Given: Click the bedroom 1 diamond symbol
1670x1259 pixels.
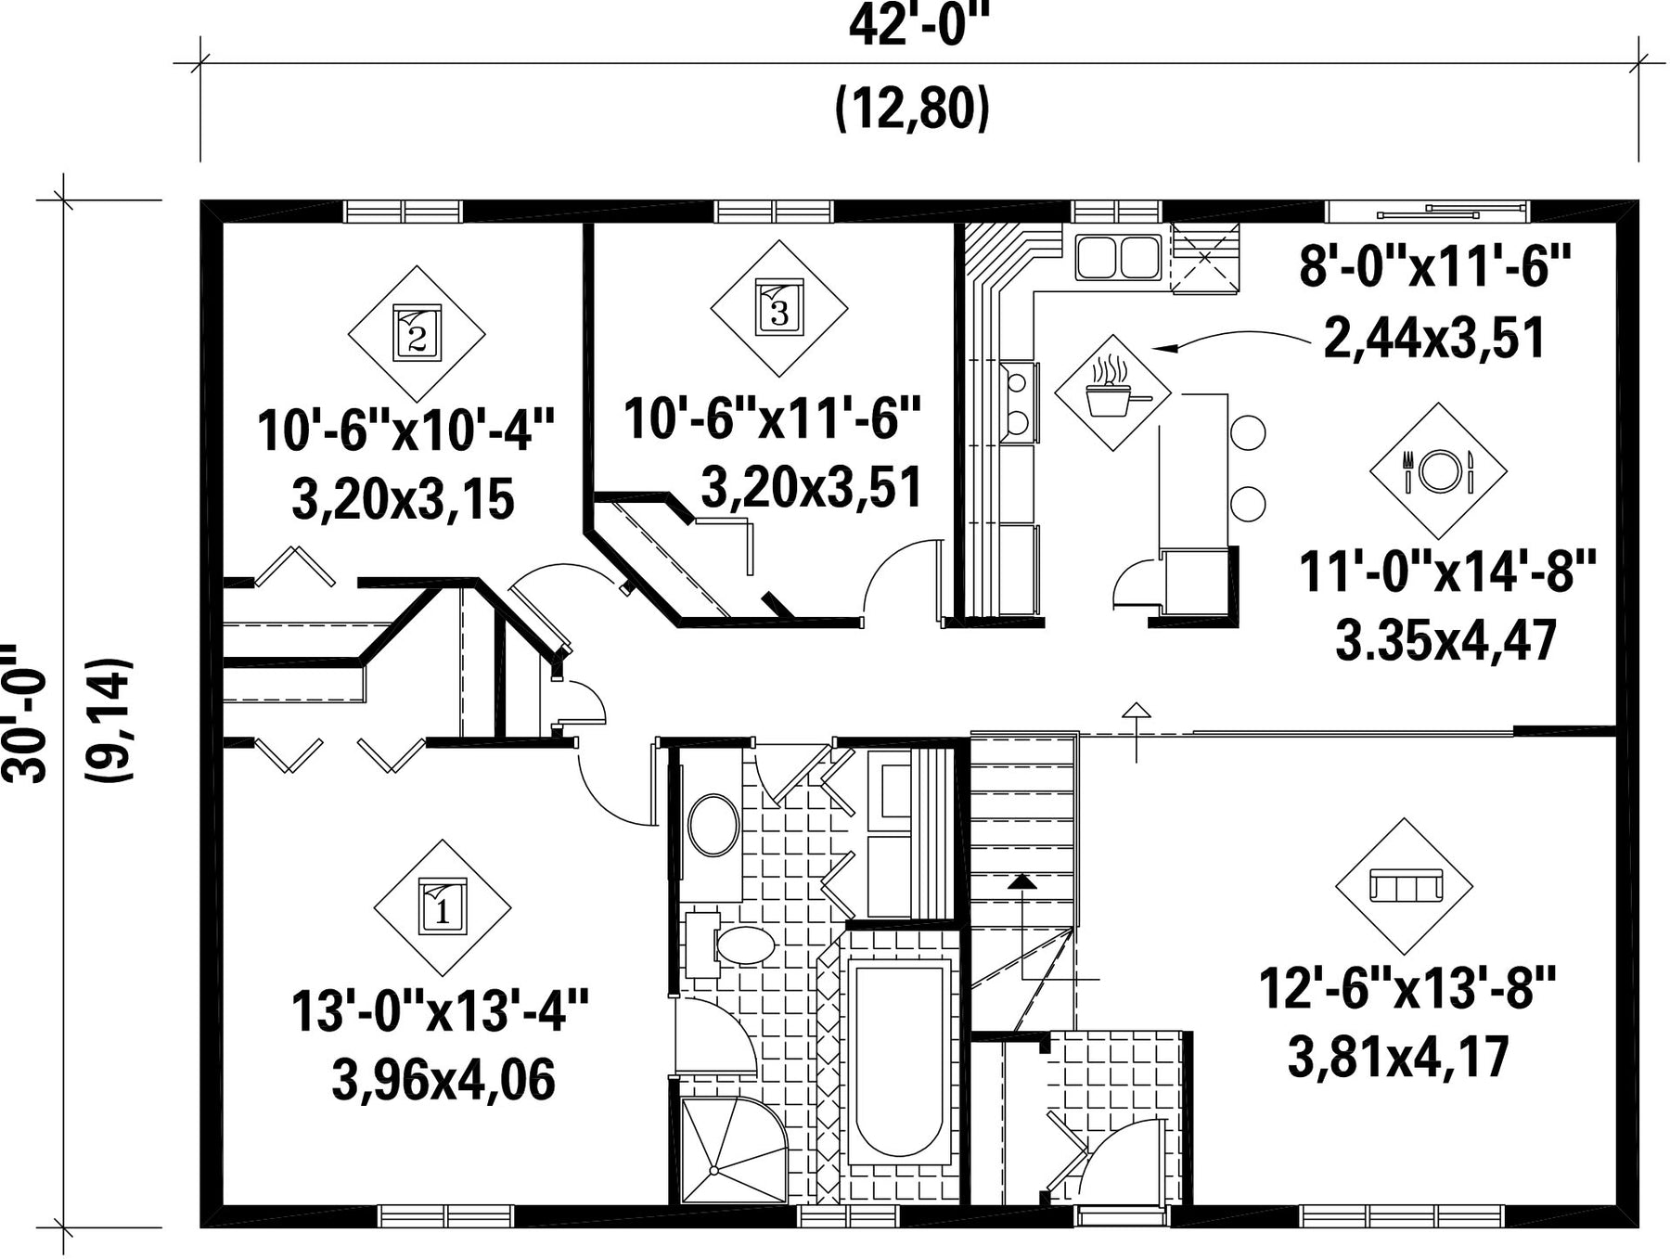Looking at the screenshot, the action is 443,907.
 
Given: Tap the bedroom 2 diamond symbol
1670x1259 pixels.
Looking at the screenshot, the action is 417,334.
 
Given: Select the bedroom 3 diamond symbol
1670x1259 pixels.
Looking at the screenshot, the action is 779,309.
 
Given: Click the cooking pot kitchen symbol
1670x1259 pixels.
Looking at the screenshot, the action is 1113,393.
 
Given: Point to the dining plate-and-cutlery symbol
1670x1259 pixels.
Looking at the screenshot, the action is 1439,471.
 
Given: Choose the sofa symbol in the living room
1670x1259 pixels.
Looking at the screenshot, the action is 1405,886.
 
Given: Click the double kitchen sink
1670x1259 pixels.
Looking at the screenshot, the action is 1118,257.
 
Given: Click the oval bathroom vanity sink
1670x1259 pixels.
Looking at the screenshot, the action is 713,824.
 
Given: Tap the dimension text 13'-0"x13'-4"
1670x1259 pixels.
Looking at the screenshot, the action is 441,1011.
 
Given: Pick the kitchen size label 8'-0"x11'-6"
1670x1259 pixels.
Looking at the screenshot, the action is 1434,267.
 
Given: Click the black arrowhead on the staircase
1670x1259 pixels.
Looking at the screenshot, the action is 1021,880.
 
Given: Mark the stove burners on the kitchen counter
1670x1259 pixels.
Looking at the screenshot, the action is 1018,401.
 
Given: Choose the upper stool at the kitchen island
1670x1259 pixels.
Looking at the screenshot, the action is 1247,432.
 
